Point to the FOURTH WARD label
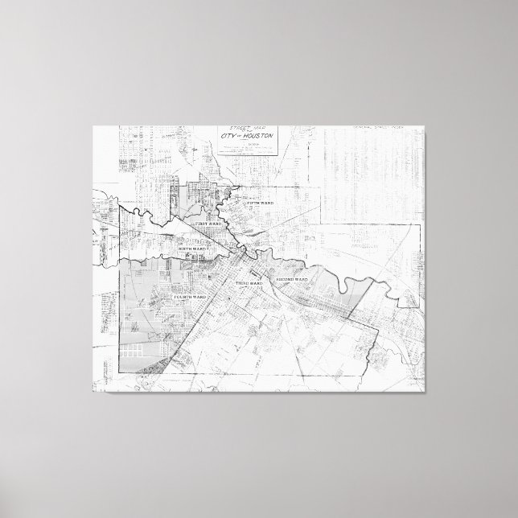tap(190, 298)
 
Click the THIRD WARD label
tap(249, 285)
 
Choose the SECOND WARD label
tap(292, 279)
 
